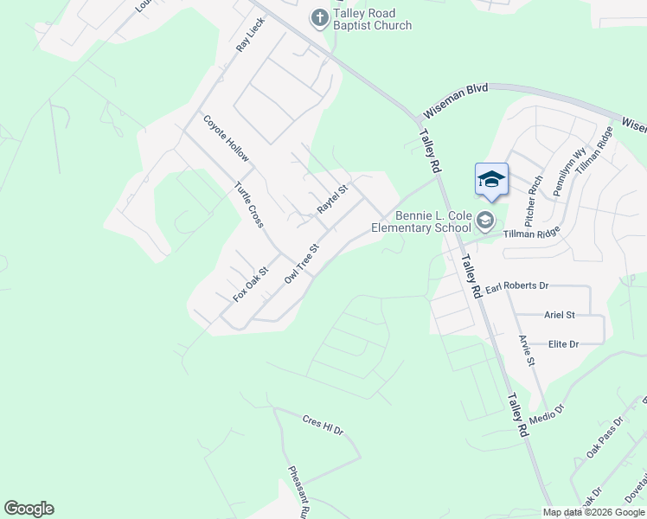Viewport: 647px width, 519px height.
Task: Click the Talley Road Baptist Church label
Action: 374,19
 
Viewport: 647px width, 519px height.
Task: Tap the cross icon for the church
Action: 319,16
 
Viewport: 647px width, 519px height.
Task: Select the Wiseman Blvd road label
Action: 455,101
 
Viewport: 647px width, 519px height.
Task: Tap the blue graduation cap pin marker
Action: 491,180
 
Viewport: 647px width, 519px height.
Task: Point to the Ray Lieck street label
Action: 251,35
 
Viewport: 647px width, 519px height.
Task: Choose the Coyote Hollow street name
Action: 226,138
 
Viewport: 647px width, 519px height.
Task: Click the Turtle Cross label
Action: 249,204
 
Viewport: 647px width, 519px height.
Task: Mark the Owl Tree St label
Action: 302,259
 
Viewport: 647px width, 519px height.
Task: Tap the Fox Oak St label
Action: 252,283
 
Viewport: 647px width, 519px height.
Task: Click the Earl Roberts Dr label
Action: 517,285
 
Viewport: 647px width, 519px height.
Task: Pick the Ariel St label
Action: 560,315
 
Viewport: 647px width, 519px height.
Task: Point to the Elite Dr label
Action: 563,344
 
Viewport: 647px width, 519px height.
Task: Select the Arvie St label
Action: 526,349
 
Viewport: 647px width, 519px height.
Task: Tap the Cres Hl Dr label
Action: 323,426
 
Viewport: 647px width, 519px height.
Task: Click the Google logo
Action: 29,509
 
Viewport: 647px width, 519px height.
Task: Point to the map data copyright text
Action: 593,512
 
